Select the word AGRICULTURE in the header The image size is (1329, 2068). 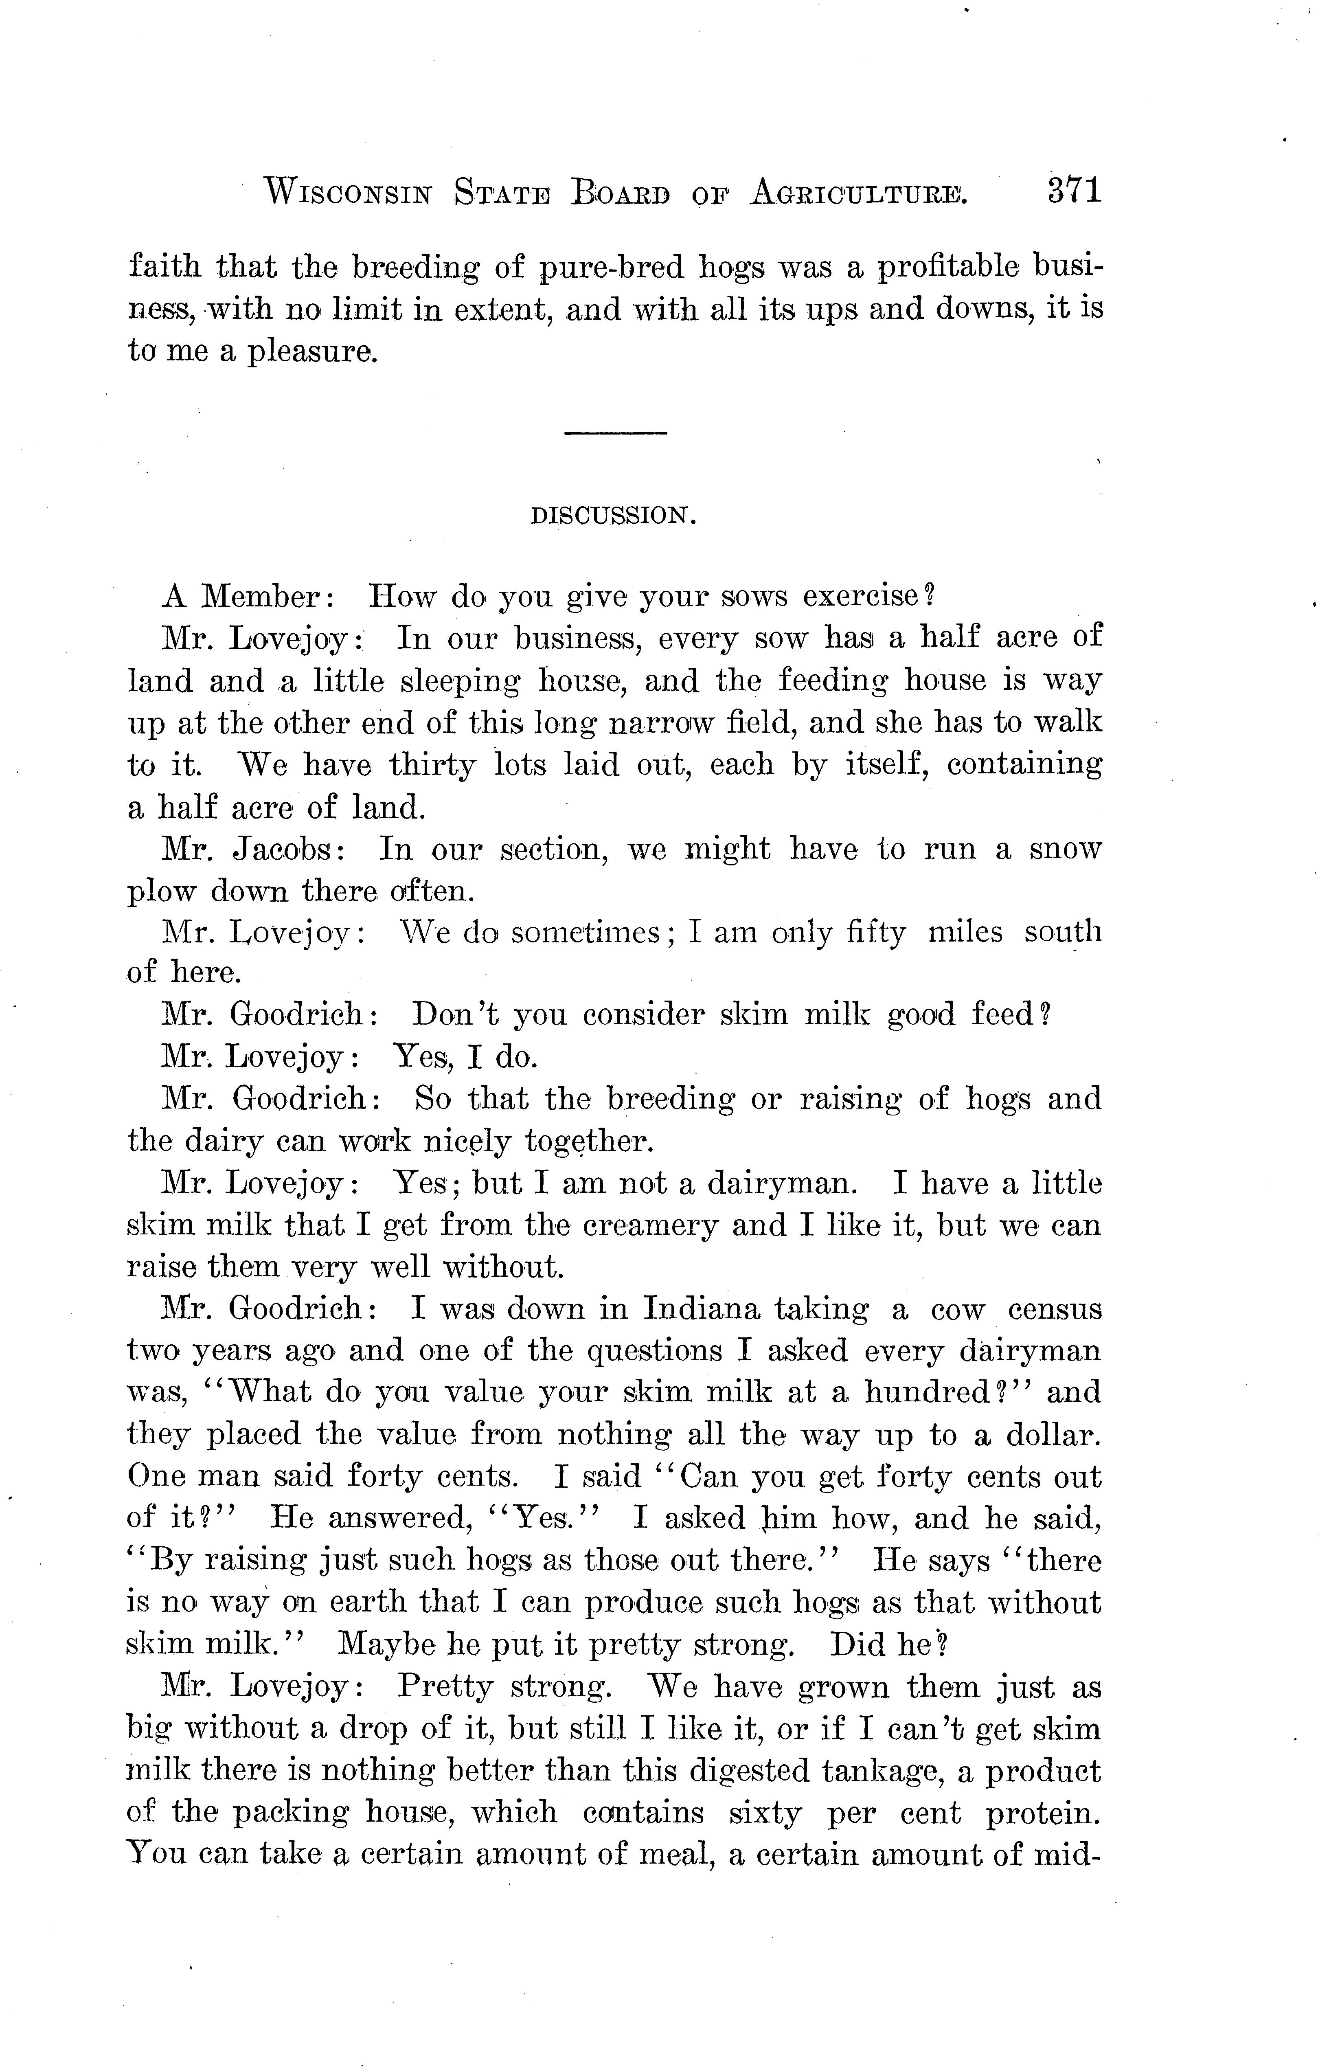(x=859, y=191)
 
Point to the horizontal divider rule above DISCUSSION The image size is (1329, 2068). (x=615, y=432)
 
